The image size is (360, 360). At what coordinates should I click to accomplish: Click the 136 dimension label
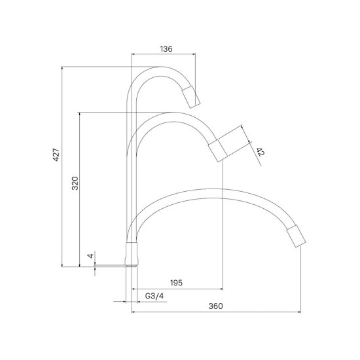point(166,49)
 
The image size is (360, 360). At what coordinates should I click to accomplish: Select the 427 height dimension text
point(56,154)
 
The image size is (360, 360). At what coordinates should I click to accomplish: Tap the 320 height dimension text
point(75,183)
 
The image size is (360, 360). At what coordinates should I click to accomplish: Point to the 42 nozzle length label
point(261,152)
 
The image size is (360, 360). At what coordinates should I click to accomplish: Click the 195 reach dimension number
point(176,283)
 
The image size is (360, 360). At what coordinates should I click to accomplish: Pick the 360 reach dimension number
point(215,306)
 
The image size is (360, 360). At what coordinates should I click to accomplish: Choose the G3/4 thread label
point(154,296)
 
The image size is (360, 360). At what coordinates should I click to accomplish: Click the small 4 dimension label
point(91,256)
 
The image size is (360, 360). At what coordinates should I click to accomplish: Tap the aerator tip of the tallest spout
point(191,97)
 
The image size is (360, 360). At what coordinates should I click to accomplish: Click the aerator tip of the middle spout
point(218,151)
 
